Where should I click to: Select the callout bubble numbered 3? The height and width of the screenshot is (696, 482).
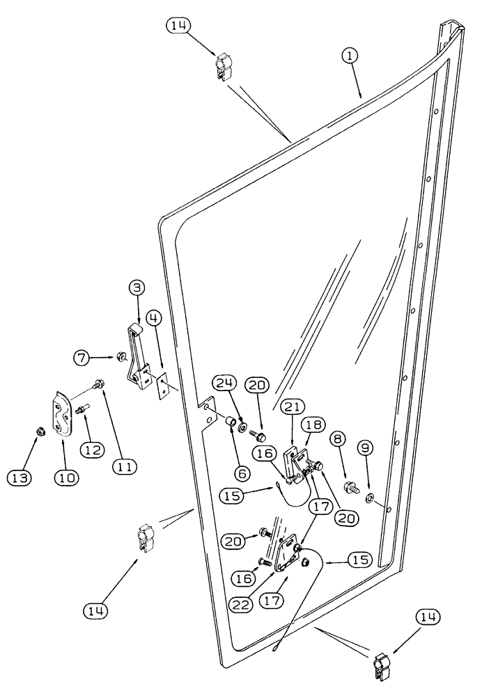[137, 288]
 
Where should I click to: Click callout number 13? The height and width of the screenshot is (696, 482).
[20, 477]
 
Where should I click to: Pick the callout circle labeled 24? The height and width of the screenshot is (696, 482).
[226, 384]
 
